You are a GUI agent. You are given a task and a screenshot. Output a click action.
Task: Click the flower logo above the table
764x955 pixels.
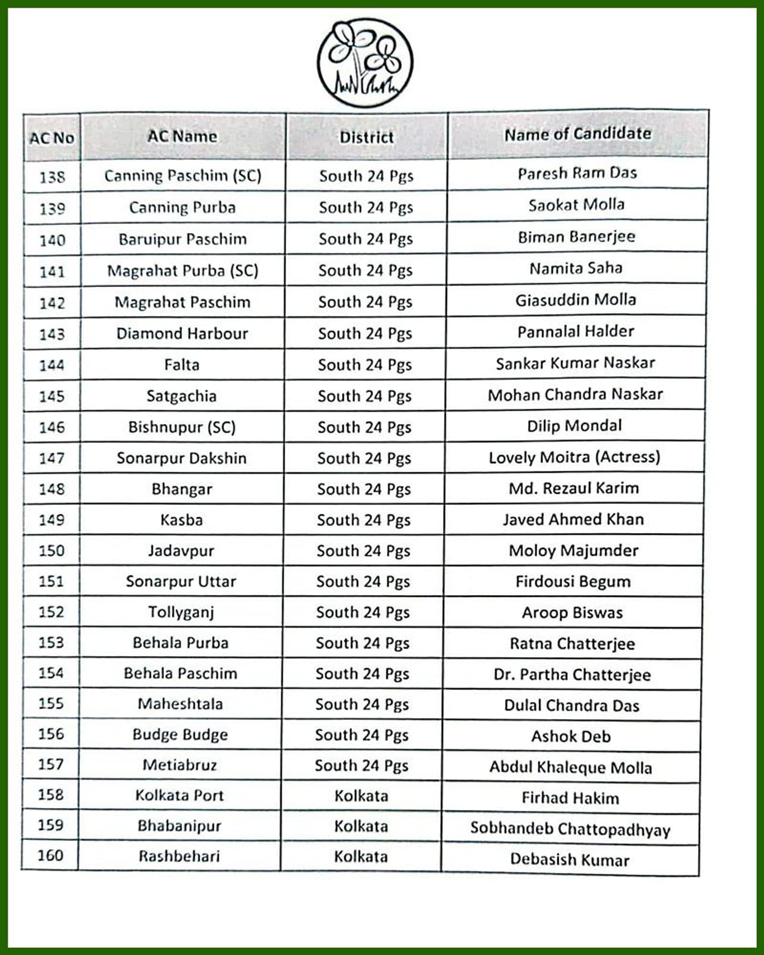365,63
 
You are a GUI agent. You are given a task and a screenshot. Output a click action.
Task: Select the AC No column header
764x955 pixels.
52,138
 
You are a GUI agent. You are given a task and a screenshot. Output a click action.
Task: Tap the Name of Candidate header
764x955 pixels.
578,134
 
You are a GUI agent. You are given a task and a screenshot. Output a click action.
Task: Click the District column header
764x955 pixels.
366,137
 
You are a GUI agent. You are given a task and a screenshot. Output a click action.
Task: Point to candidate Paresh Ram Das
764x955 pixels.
577,173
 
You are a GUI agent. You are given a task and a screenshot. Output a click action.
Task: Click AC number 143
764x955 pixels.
52,334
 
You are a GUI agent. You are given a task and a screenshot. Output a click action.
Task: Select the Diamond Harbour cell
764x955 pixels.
182,333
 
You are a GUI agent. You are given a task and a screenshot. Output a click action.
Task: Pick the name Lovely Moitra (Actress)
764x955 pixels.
574,457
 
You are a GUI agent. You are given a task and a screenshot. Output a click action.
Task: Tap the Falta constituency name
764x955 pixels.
181,365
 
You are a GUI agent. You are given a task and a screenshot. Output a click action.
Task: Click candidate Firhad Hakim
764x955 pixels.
570,798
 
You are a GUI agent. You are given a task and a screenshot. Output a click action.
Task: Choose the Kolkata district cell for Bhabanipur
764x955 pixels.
361,826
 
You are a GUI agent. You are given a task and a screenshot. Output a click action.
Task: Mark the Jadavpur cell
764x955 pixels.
181,550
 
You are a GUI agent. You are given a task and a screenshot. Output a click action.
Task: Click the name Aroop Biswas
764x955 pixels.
572,612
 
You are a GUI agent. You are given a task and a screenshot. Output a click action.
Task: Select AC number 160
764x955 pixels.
50,855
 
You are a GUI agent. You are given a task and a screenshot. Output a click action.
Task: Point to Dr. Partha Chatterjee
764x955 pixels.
572,674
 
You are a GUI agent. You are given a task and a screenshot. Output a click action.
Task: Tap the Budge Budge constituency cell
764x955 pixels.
180,734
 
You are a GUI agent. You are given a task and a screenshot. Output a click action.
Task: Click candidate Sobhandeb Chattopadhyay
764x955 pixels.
570,828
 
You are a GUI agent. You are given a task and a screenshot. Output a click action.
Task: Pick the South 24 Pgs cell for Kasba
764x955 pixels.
363,520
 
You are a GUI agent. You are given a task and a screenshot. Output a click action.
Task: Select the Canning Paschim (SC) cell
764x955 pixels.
183,175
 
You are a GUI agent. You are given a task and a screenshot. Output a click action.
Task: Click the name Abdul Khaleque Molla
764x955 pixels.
571,767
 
